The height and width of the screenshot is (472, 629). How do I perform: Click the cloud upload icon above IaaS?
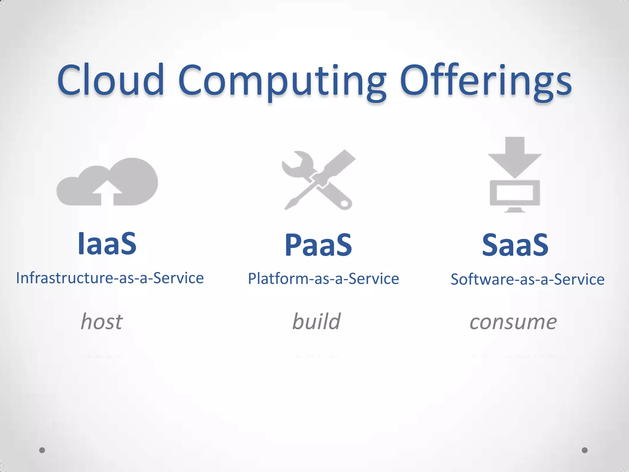[x=107, y=182]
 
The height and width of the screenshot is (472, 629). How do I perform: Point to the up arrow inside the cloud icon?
[x=107, y=192]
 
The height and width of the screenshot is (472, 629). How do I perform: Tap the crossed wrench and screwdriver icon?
[x=318, y=180]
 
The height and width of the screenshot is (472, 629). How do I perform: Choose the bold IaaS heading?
[x=107, y=244]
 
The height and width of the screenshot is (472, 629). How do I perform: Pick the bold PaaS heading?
[x=318, y=245]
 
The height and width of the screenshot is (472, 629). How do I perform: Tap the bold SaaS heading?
[x=515, y=245]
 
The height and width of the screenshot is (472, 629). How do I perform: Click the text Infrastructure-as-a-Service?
[x=110, y=278]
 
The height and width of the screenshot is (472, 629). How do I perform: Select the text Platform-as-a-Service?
[x=323, y=279]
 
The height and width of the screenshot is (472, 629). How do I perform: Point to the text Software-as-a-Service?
[x=527, y=279]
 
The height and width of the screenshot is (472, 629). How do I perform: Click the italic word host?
[x=102, y=321]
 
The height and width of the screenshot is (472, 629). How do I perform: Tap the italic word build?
[x=316, y=321]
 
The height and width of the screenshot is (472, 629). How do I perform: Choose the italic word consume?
[x=513, y=322]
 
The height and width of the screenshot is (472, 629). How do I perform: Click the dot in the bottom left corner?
[x=42, y=450]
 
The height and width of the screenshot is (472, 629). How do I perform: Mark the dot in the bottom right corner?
[x=585, y=450]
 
